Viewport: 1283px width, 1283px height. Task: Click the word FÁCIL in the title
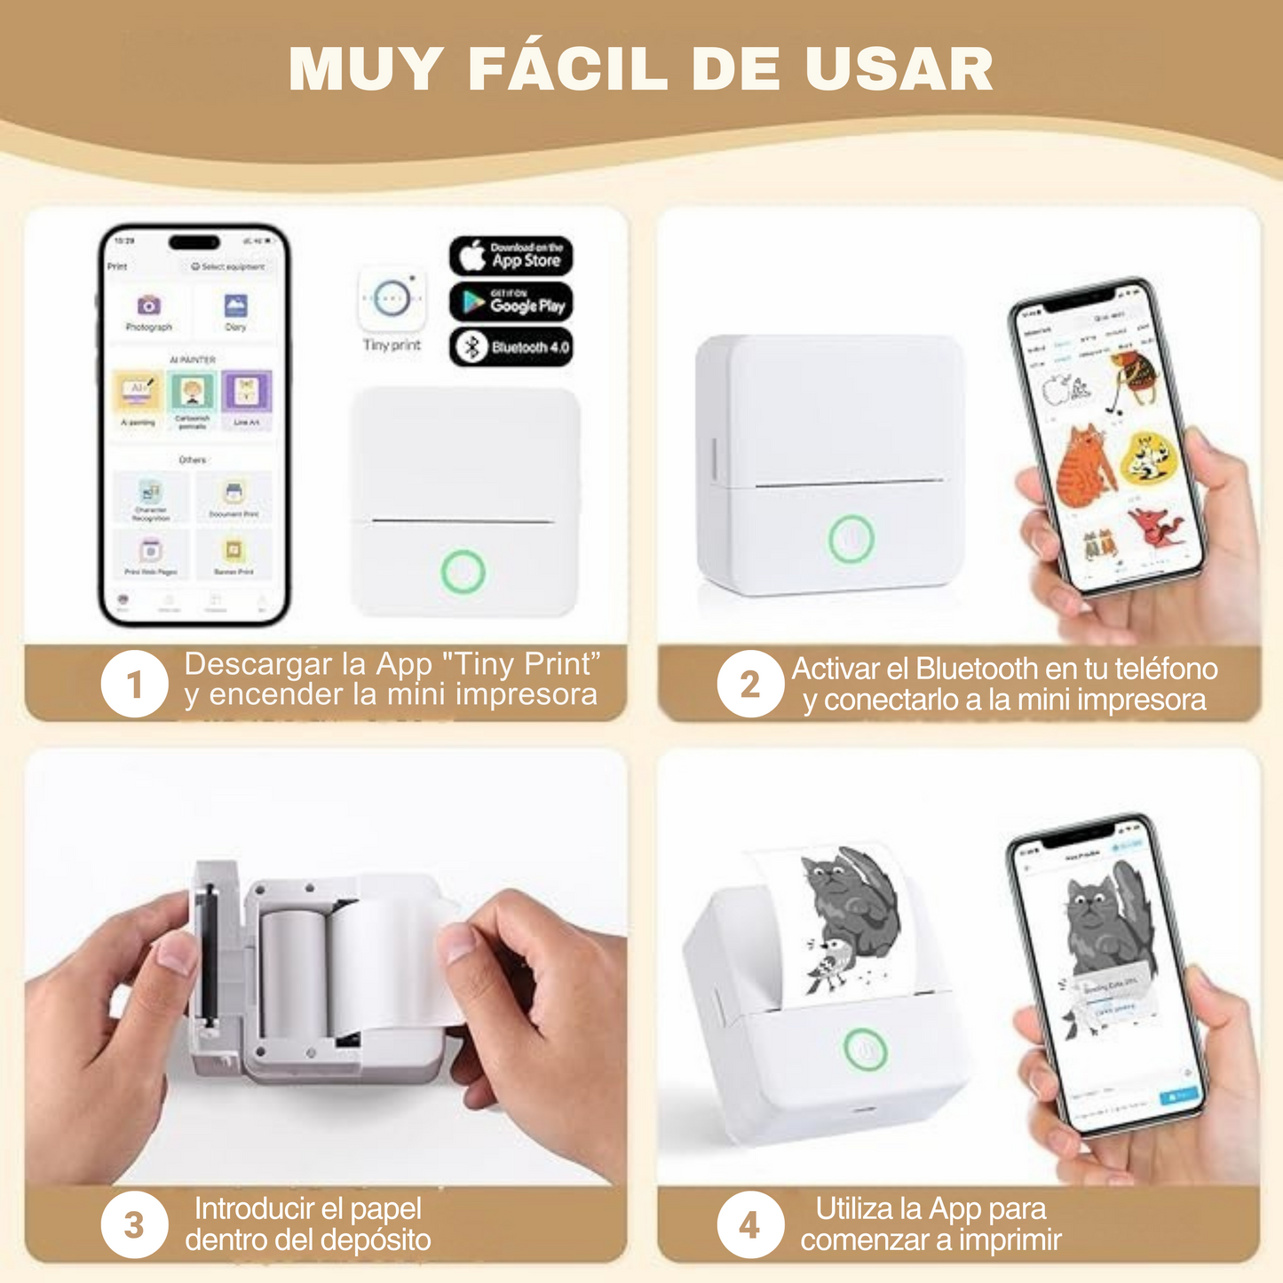[x=568, y=69]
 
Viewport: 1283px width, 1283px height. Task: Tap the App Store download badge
[x=511, y=256]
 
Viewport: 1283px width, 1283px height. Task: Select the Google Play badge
[x=511, y=303]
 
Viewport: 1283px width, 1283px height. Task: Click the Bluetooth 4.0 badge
[x=511, y=347]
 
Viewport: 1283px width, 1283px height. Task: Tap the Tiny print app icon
[x=392, y=299]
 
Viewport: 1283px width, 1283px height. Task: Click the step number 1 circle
[x=134, y=684]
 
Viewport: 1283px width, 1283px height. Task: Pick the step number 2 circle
[x=750, y=684]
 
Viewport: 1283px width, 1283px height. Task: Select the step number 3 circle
[x=134, y=1225]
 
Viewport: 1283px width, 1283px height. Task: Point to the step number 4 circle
[x=750, y=1225]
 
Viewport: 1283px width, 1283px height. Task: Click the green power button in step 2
[x=851, y=538]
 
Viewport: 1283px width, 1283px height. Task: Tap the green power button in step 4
[x=865, y=1049]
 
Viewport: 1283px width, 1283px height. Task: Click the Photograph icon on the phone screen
[x=148, y=306]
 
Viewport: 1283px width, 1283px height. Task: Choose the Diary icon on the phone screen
[x=235, y=306]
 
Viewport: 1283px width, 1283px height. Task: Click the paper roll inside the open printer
[x=293, y=972]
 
